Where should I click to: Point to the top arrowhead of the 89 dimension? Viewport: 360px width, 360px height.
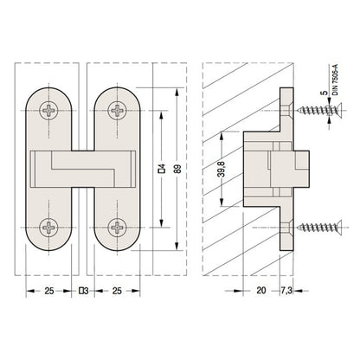pyautogui.click(x=178, y=90)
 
